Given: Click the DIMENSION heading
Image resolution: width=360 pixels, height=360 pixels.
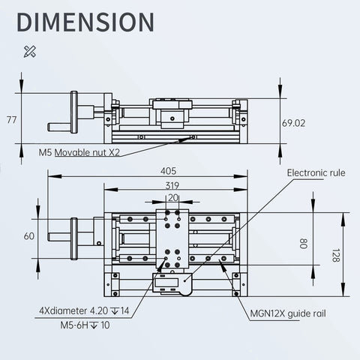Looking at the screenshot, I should [x=85, y=23].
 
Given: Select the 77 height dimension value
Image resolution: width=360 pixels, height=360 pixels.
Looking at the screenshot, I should [x=11, y=119].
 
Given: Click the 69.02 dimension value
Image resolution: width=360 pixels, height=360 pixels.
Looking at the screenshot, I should [x=293, y=122].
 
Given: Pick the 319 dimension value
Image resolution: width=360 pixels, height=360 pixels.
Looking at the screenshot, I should [x=172, y=186].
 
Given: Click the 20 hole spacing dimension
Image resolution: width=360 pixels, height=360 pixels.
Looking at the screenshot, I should [x=173, y=198].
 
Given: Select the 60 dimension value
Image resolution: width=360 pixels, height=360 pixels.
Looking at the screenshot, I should [x=29, y=235].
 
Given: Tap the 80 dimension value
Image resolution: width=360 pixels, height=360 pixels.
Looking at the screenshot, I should [x=303, y=244].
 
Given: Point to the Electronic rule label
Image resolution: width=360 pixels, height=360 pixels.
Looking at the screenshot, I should [x=316, y=172].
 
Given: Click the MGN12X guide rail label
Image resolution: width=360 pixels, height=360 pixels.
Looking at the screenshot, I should [x=288, y=313].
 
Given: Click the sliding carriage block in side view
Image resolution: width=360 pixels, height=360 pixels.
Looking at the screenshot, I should [x=172, y=111].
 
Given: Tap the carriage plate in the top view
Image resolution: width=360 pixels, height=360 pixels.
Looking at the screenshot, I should [x=172, y=238].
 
